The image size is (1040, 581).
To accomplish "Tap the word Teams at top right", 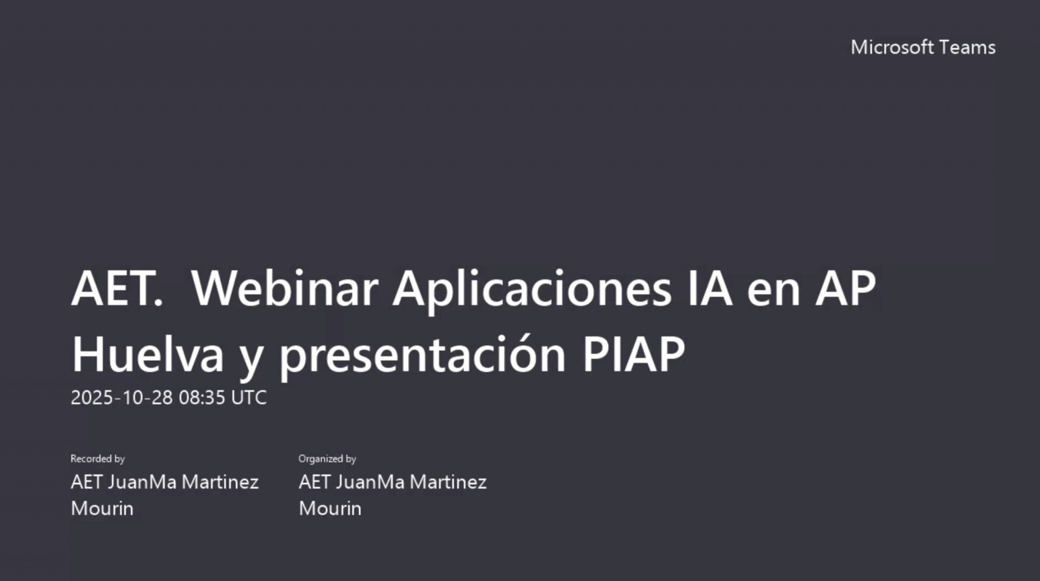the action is click(x=967, y=47).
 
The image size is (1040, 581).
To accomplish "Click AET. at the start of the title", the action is click(x=117, y=288).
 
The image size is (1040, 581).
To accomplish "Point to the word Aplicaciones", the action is click(x=532, y=291).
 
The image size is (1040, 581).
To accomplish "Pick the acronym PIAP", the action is click(x=634, y=354).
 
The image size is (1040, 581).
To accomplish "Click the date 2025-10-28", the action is click(x=122, y=397).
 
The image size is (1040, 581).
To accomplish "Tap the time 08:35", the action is click(x=202, y=397).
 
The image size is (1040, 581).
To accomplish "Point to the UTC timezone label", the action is click(x=249, y=397).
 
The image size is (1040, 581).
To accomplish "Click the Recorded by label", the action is click(x=97, y=459).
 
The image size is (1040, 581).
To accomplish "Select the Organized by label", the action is click(x=327, y=459).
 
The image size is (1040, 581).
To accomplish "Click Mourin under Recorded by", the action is click(x=102, y=508).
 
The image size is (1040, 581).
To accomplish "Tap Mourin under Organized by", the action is click(x=330, y=508).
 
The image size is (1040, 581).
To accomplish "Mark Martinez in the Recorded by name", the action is click(x=220, y=482).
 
